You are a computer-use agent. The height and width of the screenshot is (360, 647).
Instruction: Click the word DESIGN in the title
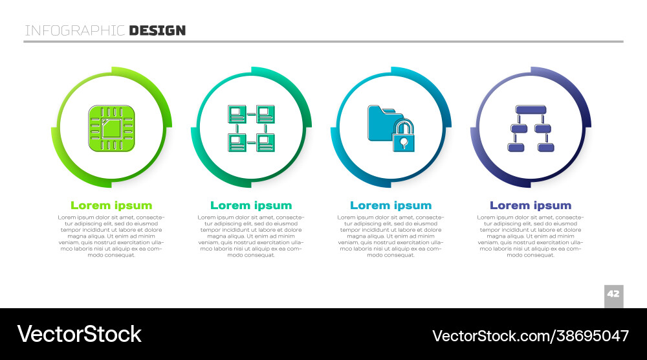157,30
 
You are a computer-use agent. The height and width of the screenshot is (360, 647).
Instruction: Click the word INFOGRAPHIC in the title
74,30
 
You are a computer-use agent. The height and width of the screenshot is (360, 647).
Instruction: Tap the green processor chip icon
111,128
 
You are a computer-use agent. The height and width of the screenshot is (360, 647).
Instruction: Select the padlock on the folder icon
403,135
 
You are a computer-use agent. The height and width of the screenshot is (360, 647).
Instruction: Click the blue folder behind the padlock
382,122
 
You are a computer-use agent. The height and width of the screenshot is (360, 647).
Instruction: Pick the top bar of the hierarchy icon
531,109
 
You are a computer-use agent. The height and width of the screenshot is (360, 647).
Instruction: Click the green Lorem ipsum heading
111,205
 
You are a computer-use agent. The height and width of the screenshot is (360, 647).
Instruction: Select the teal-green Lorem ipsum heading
251,205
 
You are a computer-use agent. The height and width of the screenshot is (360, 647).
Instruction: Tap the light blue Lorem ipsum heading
391,205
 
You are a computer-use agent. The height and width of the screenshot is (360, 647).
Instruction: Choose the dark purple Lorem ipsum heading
531,205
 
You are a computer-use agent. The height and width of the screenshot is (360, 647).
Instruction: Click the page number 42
613,294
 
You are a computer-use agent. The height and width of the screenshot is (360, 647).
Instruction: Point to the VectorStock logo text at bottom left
79,334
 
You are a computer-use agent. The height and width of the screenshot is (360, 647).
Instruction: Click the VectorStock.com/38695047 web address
531,335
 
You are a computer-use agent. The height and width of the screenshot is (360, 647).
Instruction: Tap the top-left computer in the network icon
237,114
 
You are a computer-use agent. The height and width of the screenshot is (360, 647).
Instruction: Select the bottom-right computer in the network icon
265,143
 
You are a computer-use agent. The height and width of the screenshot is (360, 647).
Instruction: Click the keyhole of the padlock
404,143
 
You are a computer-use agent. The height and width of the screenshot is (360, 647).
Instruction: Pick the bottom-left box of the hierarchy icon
516,148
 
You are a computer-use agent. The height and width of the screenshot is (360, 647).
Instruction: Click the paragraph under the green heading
111,236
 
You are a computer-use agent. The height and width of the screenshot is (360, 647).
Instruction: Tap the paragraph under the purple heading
531,236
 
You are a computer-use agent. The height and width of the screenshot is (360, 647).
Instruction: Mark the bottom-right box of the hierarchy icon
545,148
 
